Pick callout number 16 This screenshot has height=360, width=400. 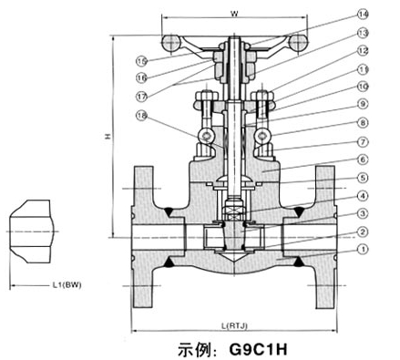[142, 77]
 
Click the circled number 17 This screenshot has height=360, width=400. [142, 95]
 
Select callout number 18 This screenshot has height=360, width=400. [142, 116]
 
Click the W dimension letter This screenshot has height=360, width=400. [235, 12]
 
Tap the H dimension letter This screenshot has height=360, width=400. [107, 138]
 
